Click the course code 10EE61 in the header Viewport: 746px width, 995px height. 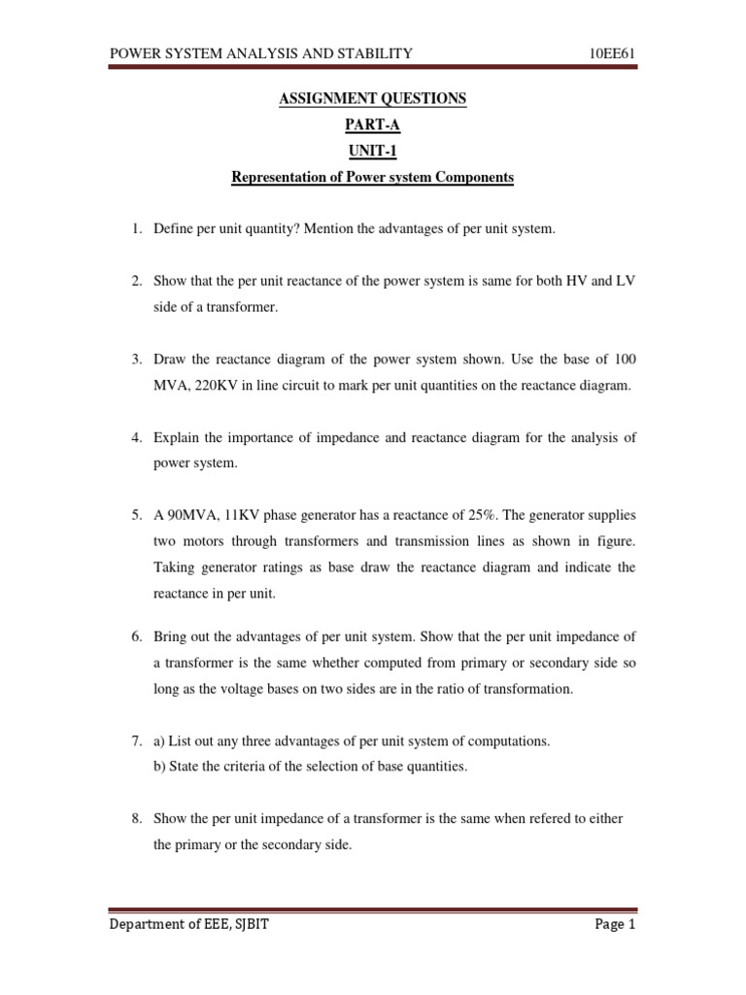coord(612,53)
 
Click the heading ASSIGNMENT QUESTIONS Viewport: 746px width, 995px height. coord(373,99)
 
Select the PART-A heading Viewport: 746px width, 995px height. coord(373,125)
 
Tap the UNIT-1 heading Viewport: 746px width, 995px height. coord(373,152)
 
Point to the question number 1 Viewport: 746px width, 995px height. coord(137,228)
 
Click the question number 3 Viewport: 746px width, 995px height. coord(137,360)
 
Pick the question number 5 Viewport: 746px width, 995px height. coord(137,514)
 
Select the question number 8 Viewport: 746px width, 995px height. coord(137,819)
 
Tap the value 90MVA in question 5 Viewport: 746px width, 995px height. coord(190,514)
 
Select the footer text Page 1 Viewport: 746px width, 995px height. coord(615,925)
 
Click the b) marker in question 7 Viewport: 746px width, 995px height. coord(160,767)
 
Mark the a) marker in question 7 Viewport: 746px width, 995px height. coord(160,741)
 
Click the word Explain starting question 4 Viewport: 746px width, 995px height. coord(176,438)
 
